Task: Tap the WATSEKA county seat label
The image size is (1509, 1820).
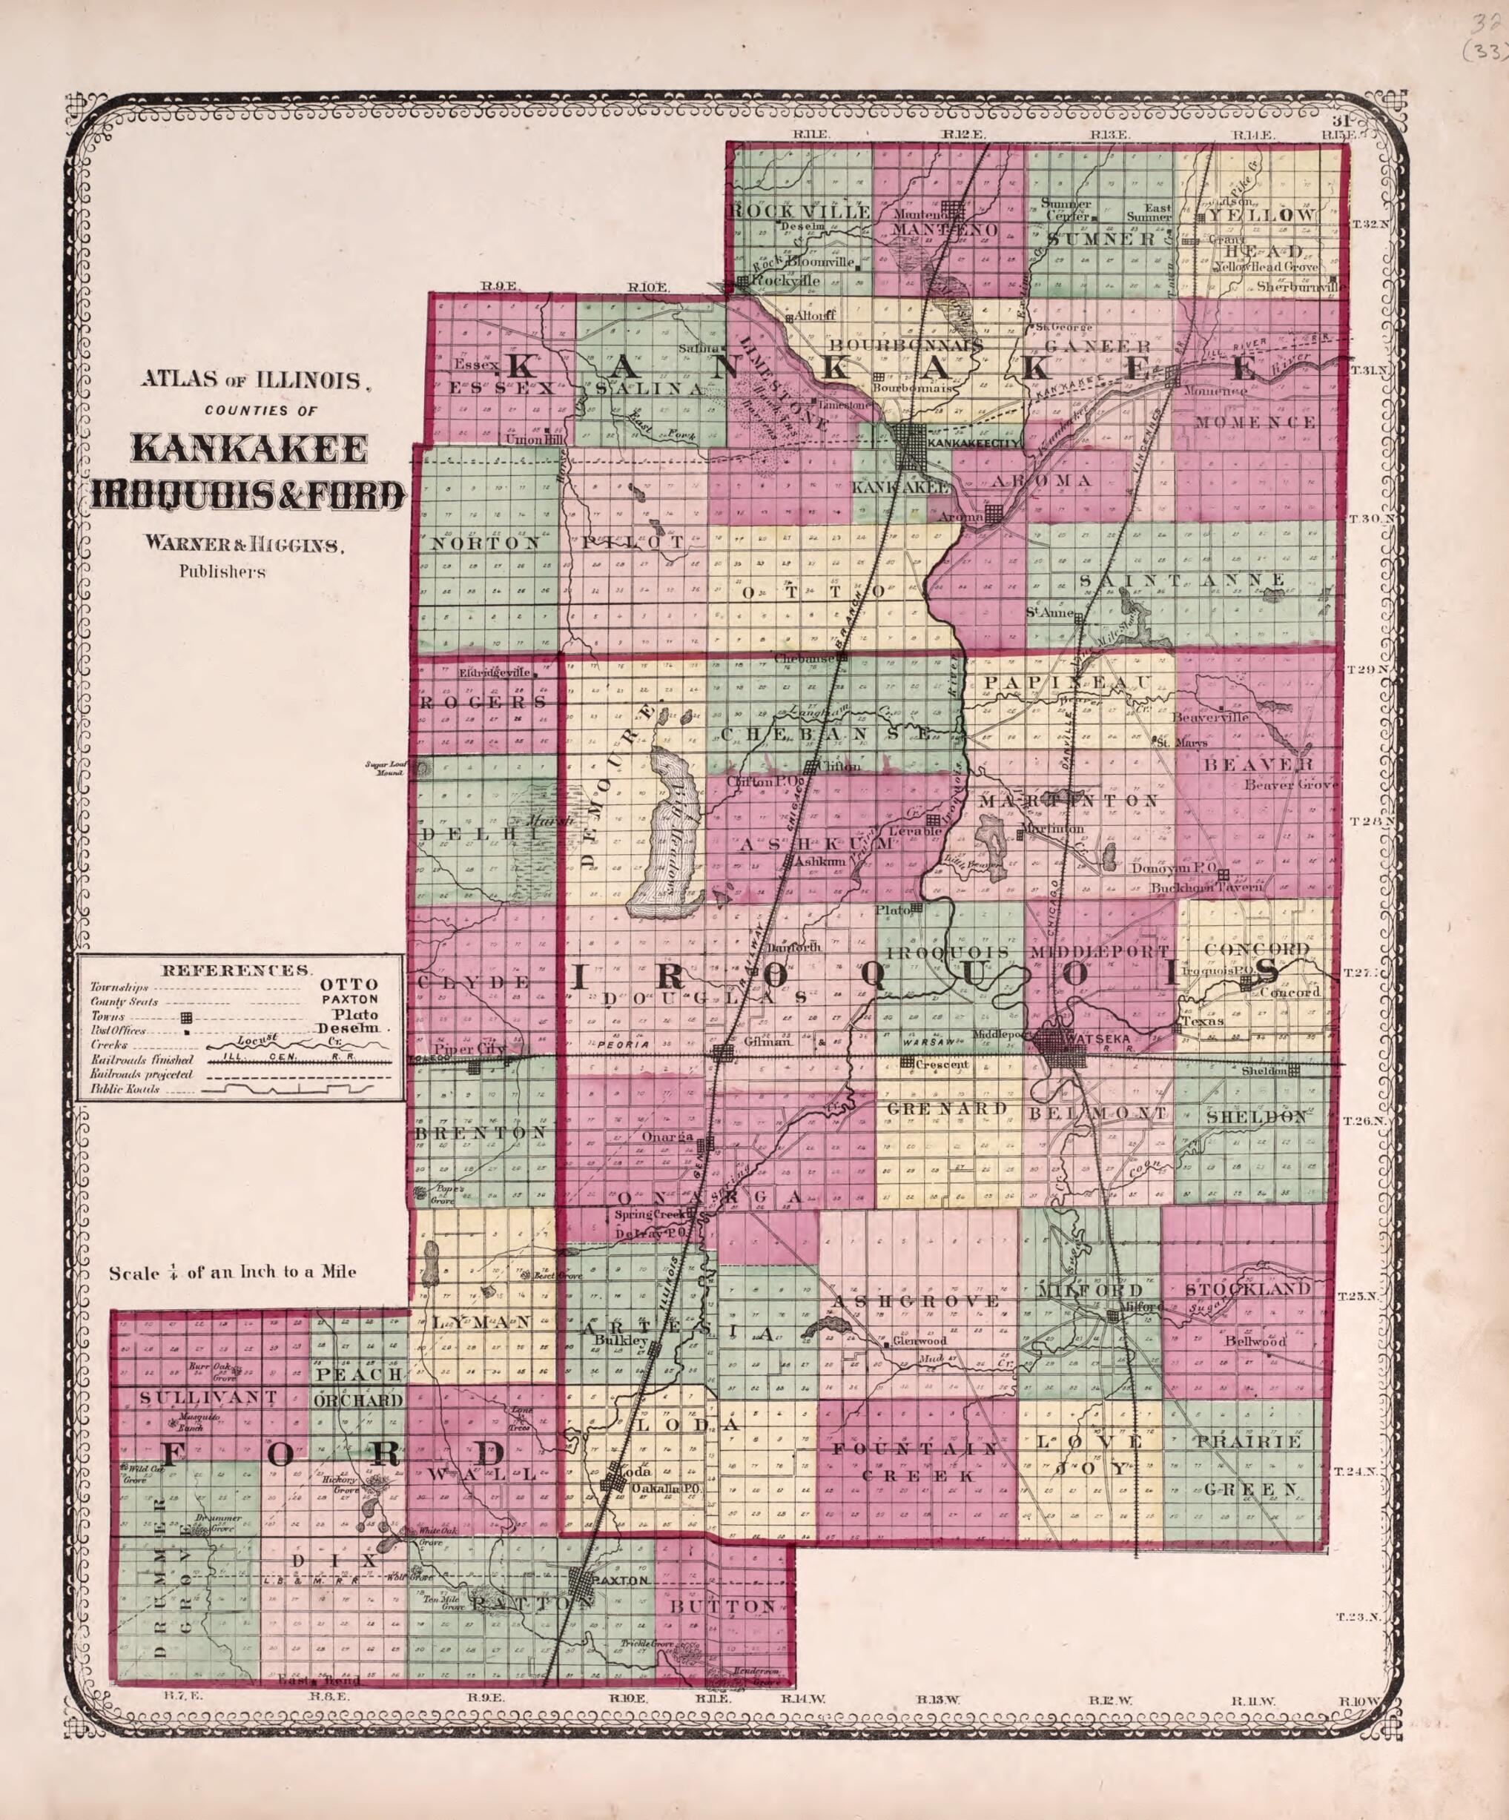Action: (1097, 1037)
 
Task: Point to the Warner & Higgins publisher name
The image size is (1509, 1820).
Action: (245, 545)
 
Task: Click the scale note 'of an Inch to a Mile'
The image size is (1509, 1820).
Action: (232, 1273)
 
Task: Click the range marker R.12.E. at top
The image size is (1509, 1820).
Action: (964, 134)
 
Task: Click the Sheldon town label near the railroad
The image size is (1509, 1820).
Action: (1262, 1071)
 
